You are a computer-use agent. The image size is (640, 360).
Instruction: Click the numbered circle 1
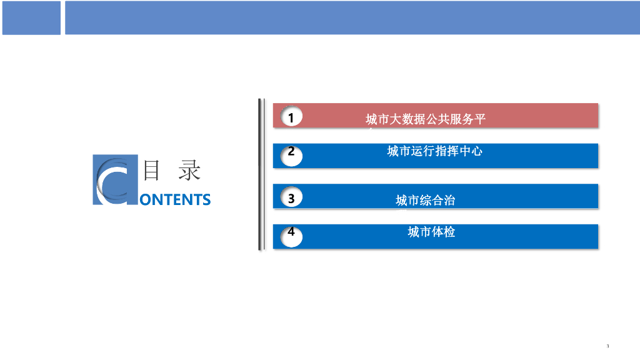pos(291,116)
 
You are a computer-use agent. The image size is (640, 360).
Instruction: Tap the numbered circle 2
pos(291,156)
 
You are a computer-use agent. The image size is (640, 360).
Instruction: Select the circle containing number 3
pos(291,196)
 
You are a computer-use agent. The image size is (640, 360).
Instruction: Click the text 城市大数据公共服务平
pos(425,119)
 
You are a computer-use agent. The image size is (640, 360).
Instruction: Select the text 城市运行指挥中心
pos(435,151)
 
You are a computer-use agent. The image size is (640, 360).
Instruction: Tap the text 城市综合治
pos(425,200)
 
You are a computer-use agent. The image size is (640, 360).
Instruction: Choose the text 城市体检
pos(431,232)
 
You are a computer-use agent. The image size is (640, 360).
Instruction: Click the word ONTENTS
pos(175,199)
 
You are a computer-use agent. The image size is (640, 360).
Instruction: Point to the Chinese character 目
pos(151,170)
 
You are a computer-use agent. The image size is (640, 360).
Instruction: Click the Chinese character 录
pos(189,170)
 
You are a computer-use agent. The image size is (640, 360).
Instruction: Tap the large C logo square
pos(115,179)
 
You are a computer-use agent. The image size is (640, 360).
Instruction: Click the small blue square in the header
pos(31,17)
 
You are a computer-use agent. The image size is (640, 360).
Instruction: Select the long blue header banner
pos(352,17)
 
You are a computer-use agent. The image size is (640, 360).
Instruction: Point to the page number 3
pos(607,346)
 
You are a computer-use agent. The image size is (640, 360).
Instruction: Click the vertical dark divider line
pos(260,174)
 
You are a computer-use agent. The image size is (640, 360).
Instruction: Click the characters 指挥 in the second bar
pos(446,151)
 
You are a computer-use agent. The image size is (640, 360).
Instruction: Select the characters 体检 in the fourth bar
pos(443,232)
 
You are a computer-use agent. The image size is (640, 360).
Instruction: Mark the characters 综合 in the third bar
pos(431,200)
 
